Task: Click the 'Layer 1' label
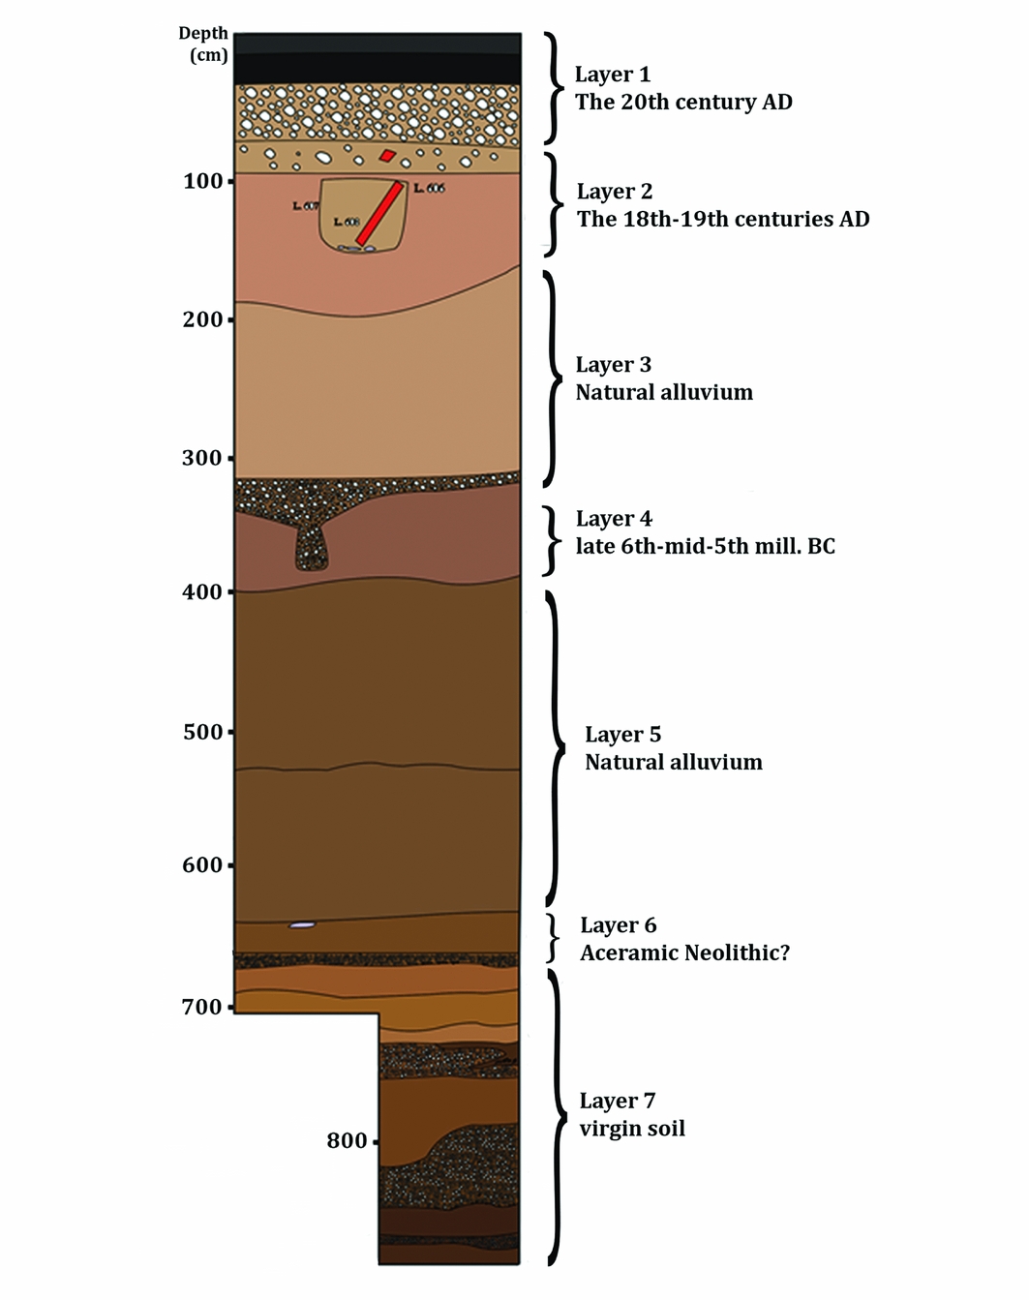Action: pos(612,75)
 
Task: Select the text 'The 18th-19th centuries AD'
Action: pos(722,219)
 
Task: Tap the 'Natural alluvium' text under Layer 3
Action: pos(663,392)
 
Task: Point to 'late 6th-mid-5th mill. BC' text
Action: pos(705,546)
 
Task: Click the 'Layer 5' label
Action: pos(622,735)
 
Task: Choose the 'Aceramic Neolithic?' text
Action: pos(684,952)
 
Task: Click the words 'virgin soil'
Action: pos(631,1128)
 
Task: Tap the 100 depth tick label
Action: pos(203,181)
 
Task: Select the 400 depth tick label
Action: pos(202,591)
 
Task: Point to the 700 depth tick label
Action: pos(202,1007)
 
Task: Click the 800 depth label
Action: pos(347,1140)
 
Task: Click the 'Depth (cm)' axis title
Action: pos(203,45)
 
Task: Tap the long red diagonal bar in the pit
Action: pos(378,213)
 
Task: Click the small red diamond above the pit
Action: pos(387,155)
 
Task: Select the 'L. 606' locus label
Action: pos(429,188)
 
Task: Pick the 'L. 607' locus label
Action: pos(305,206)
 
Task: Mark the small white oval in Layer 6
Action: pos(302,925)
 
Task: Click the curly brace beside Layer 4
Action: pos(552,540)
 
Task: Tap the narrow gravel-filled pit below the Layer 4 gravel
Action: pos(311,547)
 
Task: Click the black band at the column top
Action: pos(378,60)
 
